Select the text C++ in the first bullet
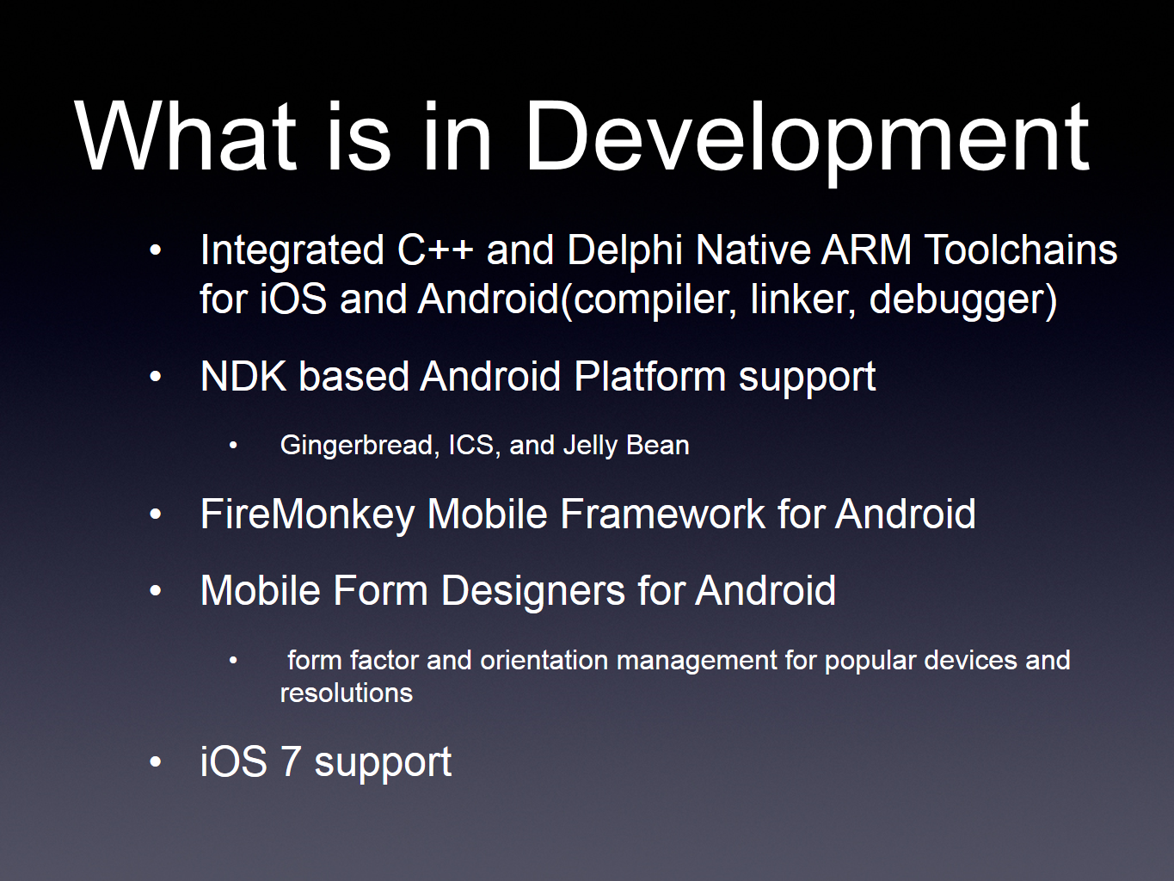click(x=435, y=250)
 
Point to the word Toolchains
click(x=1021, y=250)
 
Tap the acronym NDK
click(x=243, y=377)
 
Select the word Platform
click(x=650, y=377)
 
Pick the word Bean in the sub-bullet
click(x=657, y=445)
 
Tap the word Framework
click(x=662, y=514)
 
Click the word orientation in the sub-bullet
click(x=544, y=660)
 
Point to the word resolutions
click(x=347, y=693)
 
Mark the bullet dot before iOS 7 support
click(x=156, y=761)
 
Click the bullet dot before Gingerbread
click(x=233, y=446)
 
